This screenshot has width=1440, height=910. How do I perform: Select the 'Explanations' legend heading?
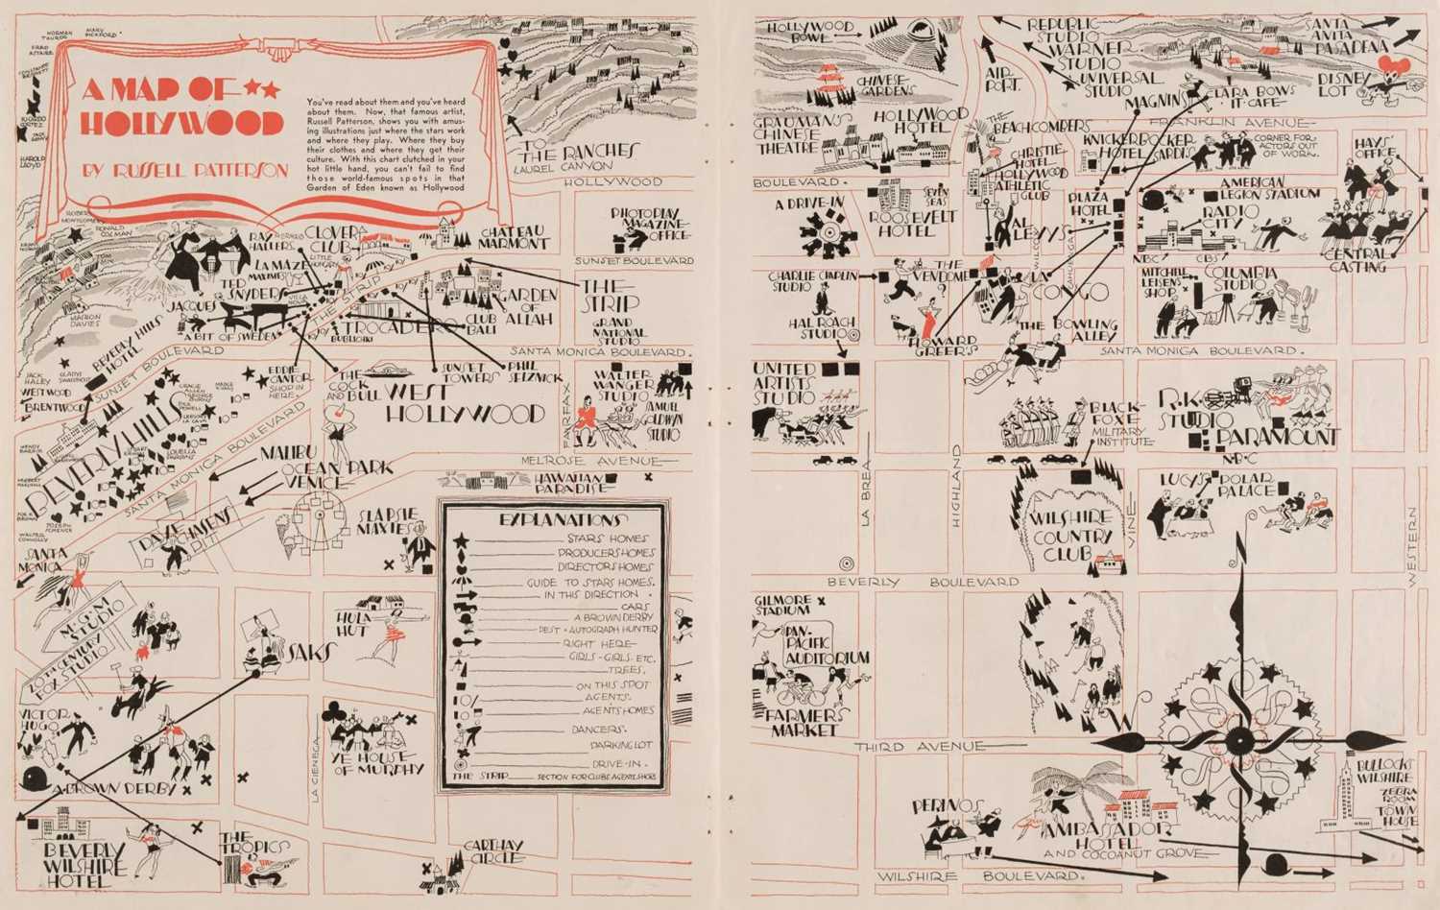pyautogui.click(x=552, y=519)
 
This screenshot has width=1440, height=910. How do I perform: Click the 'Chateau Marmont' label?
pyautogui.click(x=513, y=237)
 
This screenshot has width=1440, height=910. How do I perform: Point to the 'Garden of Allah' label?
pyautogui.click(x=529, y=306)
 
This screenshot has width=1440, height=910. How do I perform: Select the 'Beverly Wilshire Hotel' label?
pyautogui.click(x=85, y=863)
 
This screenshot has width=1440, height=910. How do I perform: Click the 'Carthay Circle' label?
pyautogui.click(x=492, y=851)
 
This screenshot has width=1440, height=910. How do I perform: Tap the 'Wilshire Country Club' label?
pyautogui.click(x=1072, y=536)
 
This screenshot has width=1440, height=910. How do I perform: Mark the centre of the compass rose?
pyautogui.click(x=1239, y=741)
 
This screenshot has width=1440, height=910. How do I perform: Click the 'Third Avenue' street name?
pyautogui.click(x=919, y=747)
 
